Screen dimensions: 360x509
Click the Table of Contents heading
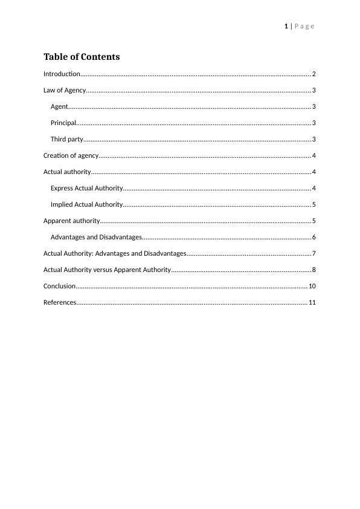coord(82,57)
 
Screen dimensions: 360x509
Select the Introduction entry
coord(62,74)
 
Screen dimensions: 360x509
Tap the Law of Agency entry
coord(65,90)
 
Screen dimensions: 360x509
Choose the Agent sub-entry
coord(59,106)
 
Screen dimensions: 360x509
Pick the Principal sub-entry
coord(63,123)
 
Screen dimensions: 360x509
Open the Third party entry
coord(67,139)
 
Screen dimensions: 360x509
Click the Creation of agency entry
coord(71,155)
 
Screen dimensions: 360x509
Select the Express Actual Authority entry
coord(87,188)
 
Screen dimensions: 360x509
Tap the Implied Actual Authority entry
coord(87,204)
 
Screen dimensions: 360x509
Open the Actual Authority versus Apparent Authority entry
coord(108,270)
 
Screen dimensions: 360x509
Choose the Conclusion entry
coord(60,286)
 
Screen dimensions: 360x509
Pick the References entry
coord(60,302)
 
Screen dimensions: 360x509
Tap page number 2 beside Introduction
coord(314,74)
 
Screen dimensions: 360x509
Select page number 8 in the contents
coord(314,270)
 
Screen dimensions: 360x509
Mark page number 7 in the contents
coord(314,253)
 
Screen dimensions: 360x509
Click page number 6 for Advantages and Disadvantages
coord(314,237)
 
